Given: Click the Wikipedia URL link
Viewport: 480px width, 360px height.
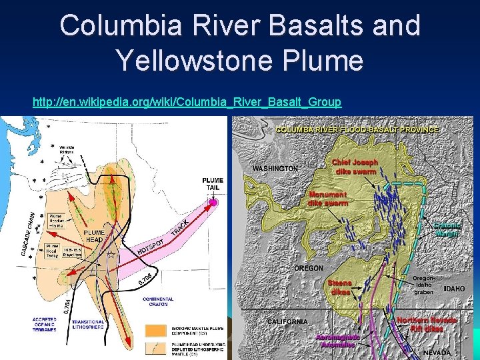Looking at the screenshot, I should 187,102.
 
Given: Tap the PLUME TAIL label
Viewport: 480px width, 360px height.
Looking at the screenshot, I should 213,184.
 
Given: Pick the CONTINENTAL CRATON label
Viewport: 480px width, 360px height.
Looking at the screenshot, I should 158,301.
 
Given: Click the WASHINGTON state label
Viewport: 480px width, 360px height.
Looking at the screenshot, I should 275,169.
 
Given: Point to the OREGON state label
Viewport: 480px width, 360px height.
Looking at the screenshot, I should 309,268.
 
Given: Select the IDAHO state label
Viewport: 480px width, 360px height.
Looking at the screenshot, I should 455,289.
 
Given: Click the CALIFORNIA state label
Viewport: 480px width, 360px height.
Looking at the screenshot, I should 288,321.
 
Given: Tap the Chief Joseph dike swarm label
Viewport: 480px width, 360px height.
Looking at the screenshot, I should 355,166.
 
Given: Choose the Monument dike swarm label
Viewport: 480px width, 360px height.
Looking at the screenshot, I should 327,199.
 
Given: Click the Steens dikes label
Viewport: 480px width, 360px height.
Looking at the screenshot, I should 340,287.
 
